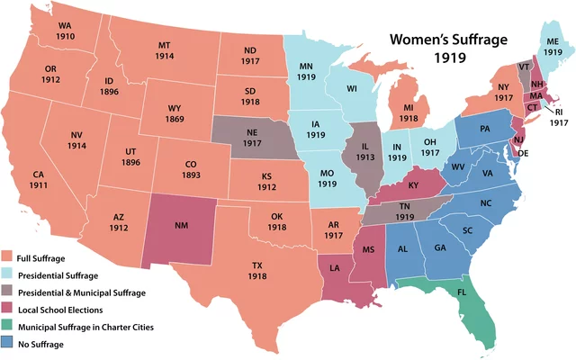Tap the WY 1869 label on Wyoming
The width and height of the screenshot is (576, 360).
pos(175,113)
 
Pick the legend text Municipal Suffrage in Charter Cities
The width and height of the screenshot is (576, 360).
pos(86,326)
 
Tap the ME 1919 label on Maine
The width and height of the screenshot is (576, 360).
pos(552,48)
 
